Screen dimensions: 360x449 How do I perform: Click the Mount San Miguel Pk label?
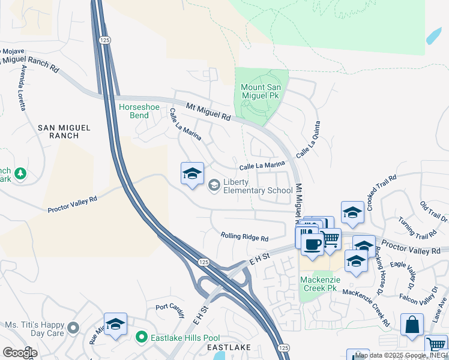tap(261, 91)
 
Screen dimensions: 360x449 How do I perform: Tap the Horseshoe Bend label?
tap(139, 111)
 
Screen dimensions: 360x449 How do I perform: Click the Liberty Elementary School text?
tap(258, 187)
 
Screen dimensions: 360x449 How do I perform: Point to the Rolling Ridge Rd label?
tap(244, 237)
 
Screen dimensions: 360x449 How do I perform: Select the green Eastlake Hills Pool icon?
tap(142, 338)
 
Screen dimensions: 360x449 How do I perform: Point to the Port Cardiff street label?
tap(170, 307)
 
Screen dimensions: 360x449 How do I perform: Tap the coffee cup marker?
tap(312, 244)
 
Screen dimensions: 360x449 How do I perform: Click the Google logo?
tap(19, 352)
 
